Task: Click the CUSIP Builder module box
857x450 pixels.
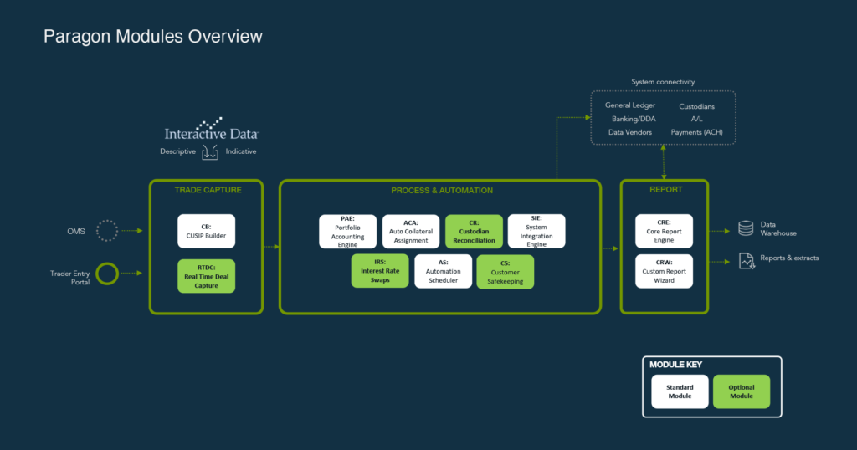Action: [206, 231]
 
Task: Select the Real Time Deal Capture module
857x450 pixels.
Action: [206, 275]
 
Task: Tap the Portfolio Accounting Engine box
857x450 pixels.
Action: [347, 231]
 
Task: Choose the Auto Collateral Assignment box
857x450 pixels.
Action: [411, 231]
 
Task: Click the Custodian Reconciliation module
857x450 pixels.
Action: [474, 231]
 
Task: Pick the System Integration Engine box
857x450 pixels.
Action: [536, 231]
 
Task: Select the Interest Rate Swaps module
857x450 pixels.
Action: [379, 271]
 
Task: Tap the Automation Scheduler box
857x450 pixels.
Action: [443, 271]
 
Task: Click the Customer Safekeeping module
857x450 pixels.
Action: [505, 271]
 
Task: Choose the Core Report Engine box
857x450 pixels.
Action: [664, 231]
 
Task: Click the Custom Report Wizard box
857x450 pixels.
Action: [664, 271]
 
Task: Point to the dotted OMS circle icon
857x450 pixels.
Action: [106, 230]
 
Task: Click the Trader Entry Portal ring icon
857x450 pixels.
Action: [106, 274]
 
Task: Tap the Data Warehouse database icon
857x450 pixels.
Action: [745, 228]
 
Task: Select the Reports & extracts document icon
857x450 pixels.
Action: [746, 260]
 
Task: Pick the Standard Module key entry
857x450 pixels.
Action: [679, 391]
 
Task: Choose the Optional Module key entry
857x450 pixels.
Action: [741, 391]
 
